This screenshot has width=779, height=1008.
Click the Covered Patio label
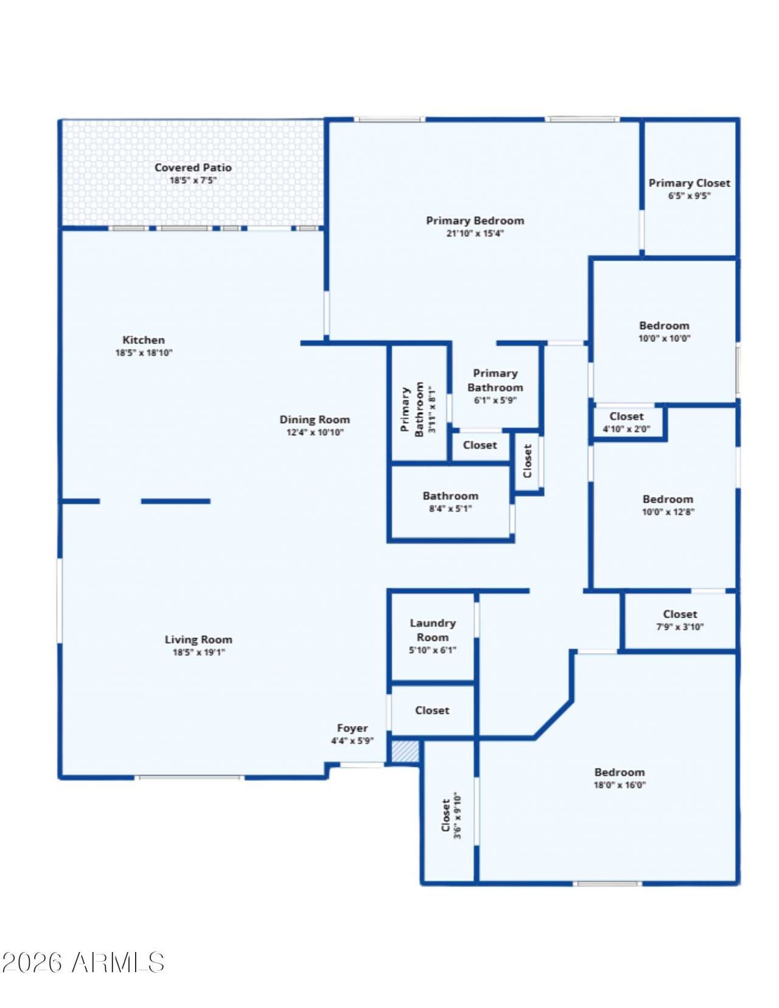(x=193, y=167)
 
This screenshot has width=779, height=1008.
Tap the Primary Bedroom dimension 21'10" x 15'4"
(x=475, y=233)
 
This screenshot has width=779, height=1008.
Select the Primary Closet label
(x=689, y=183)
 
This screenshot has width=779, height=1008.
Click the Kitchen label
(x=144, y=340)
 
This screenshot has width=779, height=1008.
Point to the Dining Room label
(x=315, y=419)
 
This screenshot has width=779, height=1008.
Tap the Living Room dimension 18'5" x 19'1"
(x=198, y=653)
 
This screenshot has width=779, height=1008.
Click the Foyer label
(x=352, y=728)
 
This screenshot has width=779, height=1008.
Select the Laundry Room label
(x=433, y=630)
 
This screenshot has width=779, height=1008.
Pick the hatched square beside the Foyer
(x=405, y=751)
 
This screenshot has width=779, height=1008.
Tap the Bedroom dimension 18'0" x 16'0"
(x=620, y=785)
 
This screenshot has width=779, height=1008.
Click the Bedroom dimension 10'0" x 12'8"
(x=668, y=512)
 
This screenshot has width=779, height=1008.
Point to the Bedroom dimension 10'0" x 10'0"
(x=664, y=338)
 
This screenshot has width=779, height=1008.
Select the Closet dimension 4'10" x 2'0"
(x=626, y=429)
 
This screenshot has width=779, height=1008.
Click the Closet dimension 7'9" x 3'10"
(x=680, y=627)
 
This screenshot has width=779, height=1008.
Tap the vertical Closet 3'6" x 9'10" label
(x=451, y=816)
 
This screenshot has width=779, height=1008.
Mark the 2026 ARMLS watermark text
(x=83, y=962)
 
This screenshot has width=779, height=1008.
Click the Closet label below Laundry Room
(x=432, y=710)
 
